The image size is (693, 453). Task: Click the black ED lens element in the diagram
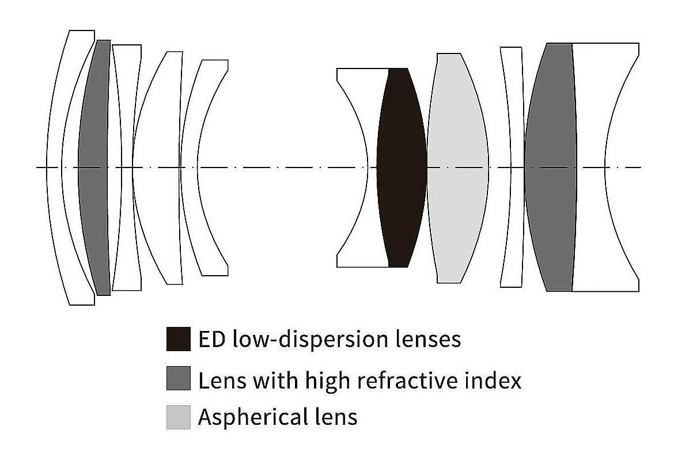tap(402, 167)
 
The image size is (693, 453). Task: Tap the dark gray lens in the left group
tap(93, 167)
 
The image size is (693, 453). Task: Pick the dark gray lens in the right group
tap(550, 167)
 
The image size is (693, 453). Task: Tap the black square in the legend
tap(178, 339)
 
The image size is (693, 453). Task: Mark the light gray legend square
tap(178, 417)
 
